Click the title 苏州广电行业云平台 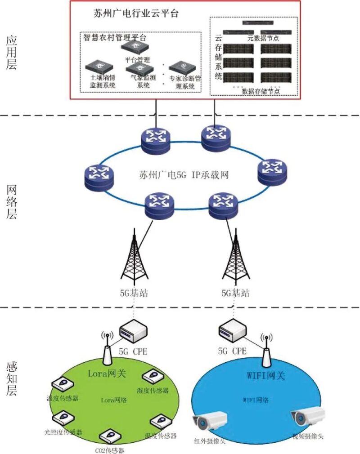coord(133,13)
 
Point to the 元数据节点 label coord(263,39)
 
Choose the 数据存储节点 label coord(261,91)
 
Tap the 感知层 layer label coord(12,378)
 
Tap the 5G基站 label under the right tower coord(234,293)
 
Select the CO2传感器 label coord(110,450)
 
